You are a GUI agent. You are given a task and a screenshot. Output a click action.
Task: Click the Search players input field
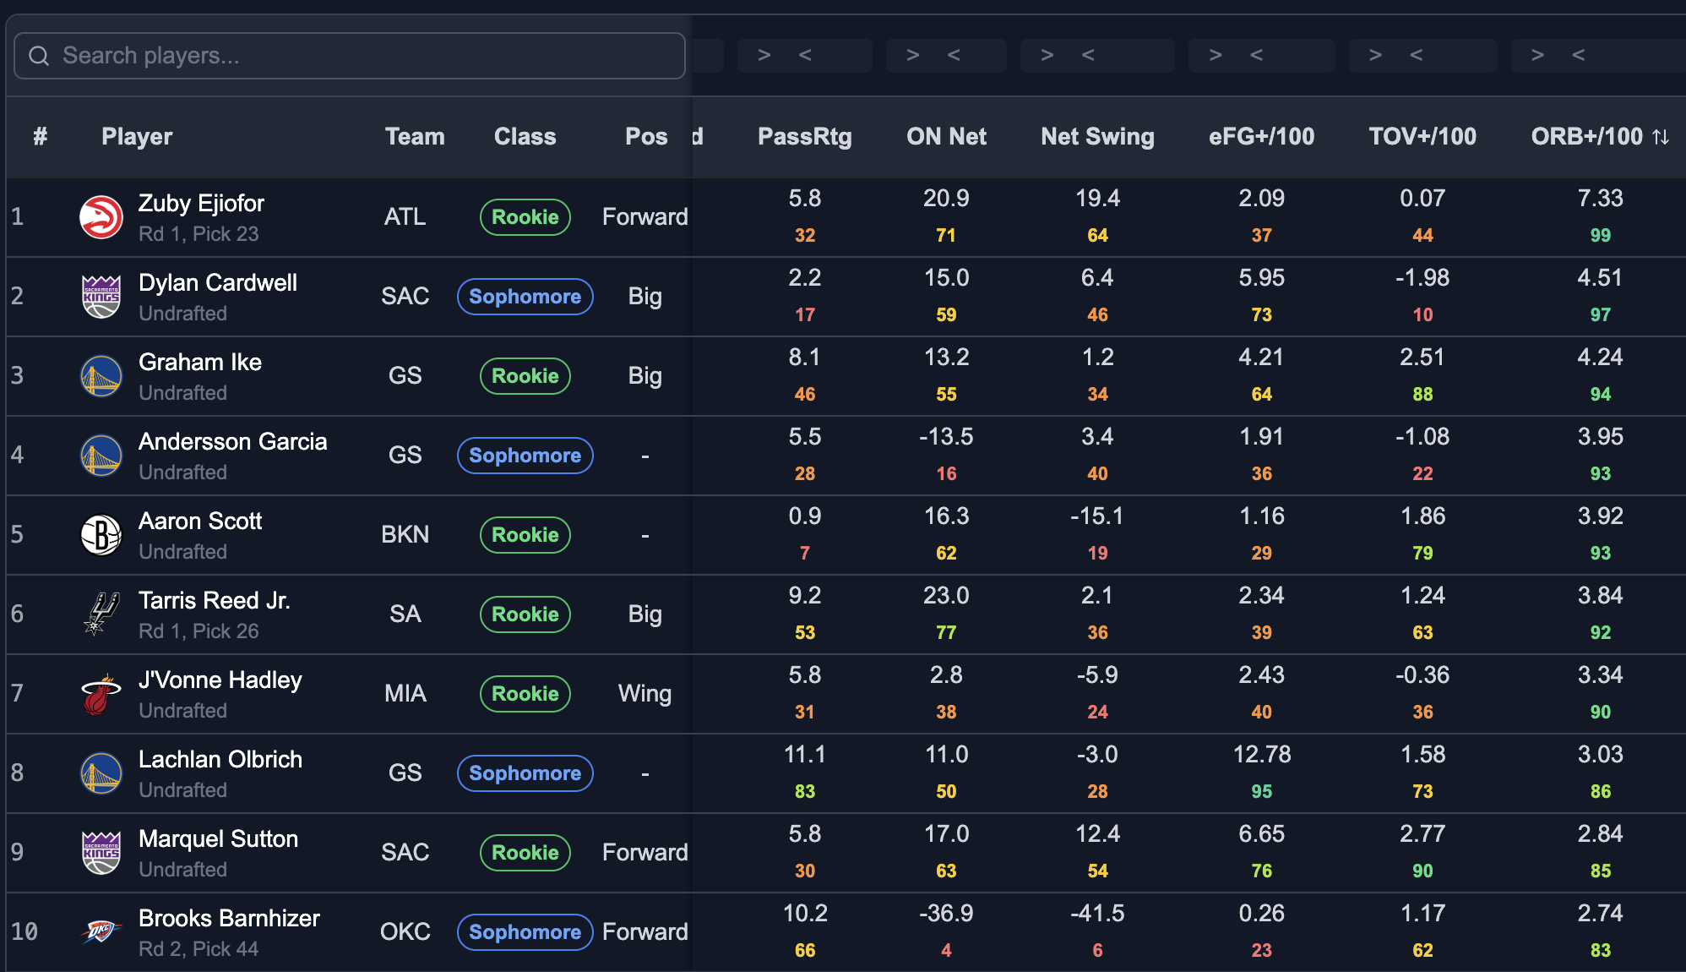(349, 56)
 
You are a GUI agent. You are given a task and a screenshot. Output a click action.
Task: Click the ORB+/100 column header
(1586, 136)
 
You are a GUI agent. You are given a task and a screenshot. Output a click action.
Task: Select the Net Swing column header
(1097, 136)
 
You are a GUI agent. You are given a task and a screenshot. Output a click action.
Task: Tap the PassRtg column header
(804, 136)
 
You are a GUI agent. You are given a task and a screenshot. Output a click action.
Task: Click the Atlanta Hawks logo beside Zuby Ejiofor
(101, 217)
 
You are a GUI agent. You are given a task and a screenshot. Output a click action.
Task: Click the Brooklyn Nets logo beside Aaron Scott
(101, 535)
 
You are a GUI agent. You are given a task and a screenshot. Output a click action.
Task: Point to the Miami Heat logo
(101, 694)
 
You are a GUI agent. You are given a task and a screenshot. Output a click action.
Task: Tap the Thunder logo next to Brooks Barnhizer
(101, 931)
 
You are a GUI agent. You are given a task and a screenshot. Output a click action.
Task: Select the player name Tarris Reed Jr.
(215, 600)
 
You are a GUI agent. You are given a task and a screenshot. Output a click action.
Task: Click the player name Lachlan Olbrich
(220, 759)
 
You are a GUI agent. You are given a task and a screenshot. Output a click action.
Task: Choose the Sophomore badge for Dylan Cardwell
(525, 297)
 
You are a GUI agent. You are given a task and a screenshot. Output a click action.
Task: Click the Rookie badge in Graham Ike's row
(525, 376)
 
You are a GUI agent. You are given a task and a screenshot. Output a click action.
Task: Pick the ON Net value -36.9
(946, 913)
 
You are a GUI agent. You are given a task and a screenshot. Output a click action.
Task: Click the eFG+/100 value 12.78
(1262, 754)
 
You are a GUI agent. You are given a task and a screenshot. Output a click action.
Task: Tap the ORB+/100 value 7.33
(1600, 198)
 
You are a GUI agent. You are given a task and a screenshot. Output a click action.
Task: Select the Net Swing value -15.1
(1097, 516)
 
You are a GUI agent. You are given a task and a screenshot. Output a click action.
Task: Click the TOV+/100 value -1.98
(1422, 277)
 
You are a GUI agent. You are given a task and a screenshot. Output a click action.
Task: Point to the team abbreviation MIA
(405, 694)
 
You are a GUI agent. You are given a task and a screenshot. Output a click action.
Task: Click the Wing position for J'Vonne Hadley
(644, 694)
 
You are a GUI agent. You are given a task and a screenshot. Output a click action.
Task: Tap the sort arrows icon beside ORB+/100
(1661, 137)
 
